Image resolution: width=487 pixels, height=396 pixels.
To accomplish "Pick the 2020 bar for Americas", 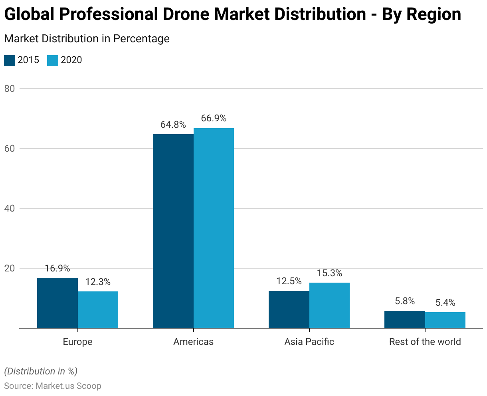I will click(214, 228).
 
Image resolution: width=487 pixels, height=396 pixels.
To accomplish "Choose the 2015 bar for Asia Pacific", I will click(289, 309).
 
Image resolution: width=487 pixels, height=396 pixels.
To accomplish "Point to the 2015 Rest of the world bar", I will click(405, 319).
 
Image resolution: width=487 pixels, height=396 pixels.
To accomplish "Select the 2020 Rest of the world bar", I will click(445, 320).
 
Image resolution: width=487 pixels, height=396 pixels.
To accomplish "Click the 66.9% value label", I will click(214, 119).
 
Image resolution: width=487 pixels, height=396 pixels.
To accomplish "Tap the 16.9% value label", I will click(57, 268).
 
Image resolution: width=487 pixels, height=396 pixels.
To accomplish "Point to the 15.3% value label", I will click(329, 273).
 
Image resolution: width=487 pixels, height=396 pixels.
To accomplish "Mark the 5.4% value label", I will click(445, 303).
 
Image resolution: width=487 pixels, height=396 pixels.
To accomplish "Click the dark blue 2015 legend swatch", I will click(10, 60).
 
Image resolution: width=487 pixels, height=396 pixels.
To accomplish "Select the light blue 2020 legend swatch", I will click(53, 60).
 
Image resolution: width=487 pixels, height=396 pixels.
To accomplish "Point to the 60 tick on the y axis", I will click(10, 148).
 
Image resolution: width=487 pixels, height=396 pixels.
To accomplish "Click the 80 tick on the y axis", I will click(10, 89).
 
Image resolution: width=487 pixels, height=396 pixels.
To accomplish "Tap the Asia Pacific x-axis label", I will click(309, 342).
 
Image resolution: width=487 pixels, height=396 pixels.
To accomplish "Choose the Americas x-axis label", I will click(193, 342).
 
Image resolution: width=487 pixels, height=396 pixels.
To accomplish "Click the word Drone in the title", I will click(186, 14).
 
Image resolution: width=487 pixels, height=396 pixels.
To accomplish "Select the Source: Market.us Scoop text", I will click(53, 386).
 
